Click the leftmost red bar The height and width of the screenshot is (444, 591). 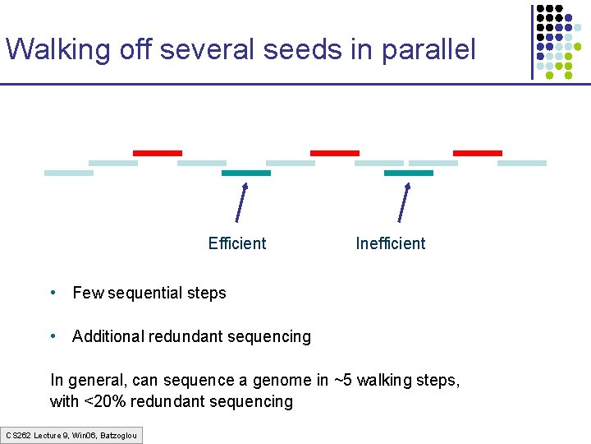pyautogui.click(x=158, y=153)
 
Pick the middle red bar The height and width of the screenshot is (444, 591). pyautogui.click(x=334, y=153)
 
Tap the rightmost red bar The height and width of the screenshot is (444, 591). pyautogui.click(x=477, y=153)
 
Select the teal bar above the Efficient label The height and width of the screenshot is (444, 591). pyautogui.click(x=246, y=173)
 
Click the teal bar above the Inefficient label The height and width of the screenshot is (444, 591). pyautogui.click(x=408, y=173)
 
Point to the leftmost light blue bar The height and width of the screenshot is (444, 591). pyautogui.click(x=69, y=173)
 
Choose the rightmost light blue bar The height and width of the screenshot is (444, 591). pyautogui.click(x=522, y=163)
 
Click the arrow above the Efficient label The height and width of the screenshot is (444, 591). pyautogui.click(x=241, y=201)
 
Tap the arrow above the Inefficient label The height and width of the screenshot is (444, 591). pyautogui.click(x=404, y=201)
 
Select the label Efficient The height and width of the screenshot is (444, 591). pyautogui.click(x=237, y=243)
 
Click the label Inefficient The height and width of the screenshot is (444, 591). pyautogui.click(x=391, y=243)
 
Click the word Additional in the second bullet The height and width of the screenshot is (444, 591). pyautogui.click(x=108, y=336)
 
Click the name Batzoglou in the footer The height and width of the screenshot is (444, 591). pyautogui.click(x=118, y=435)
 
